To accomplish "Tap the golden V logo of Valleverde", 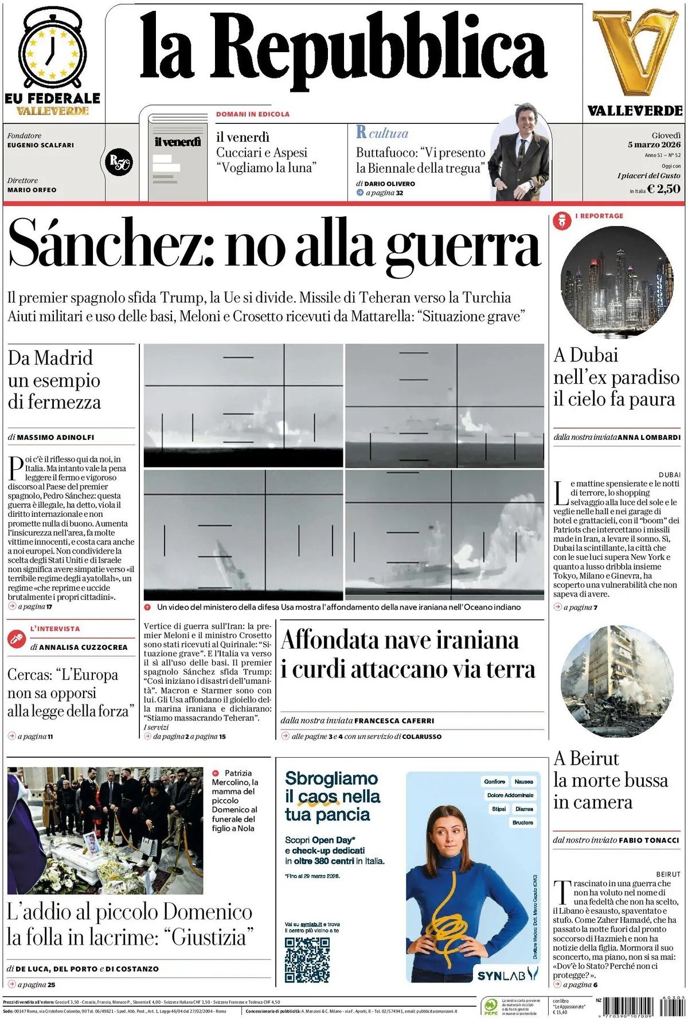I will [x=635, y=52].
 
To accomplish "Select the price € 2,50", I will [x=663, y=189].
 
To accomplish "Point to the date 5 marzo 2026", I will [x=654, y=145].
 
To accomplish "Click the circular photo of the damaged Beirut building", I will [x=616, y=681].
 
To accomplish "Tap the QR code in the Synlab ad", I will [x=307, y=960].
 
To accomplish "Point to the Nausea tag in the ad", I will [x=523, y=781].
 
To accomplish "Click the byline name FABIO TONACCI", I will [x=648, y=840].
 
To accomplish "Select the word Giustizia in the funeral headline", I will [x=208, y=938].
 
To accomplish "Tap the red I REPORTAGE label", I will [x=599, y=216].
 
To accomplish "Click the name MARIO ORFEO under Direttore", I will [x=32, y=190].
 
